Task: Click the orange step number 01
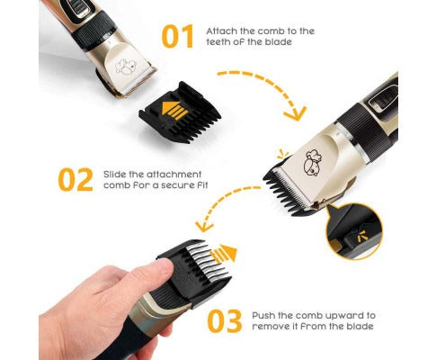pos(177,37)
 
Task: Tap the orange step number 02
pos(76,180)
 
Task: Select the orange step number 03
pos(225,320)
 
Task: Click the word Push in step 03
pos(262,316)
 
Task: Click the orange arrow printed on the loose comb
pos(174,110)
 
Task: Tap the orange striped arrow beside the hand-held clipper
pos(223,254)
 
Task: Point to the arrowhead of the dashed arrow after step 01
pos(296,113)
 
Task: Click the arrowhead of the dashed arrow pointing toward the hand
pos(203,226)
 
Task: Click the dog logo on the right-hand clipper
pos(313,163)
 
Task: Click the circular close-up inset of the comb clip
pos(354,230)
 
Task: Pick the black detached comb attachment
pos(181,112)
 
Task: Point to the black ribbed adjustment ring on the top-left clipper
pos(93,31)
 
